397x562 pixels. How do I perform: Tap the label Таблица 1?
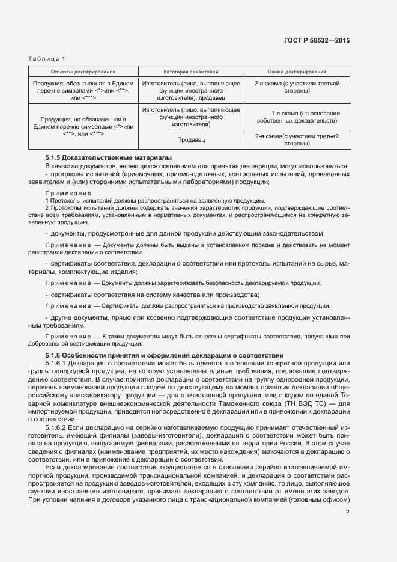47,58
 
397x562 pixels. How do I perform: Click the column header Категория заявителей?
191,71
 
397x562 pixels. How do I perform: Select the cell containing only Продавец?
191,140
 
